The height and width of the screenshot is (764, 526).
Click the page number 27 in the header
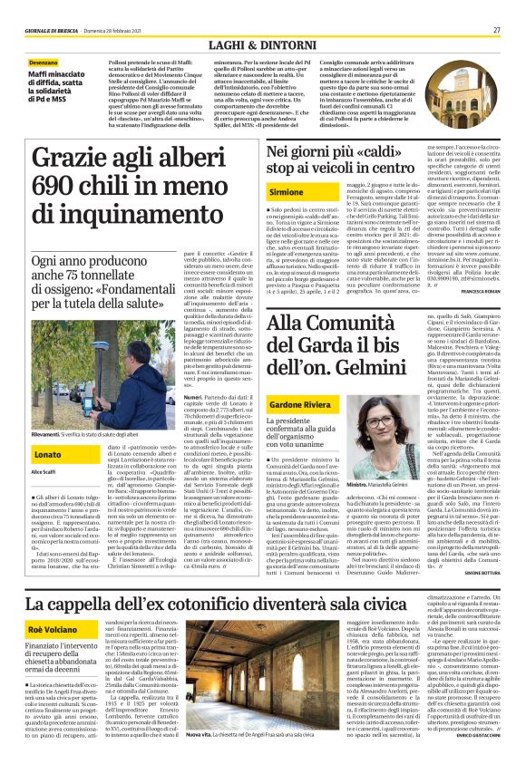pyautogui.click(x=497, y=29)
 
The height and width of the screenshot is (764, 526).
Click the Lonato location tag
pyautogui.click(x=47, y=452)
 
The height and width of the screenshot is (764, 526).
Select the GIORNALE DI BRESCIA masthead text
pyautogui.click(x=52, y=29)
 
